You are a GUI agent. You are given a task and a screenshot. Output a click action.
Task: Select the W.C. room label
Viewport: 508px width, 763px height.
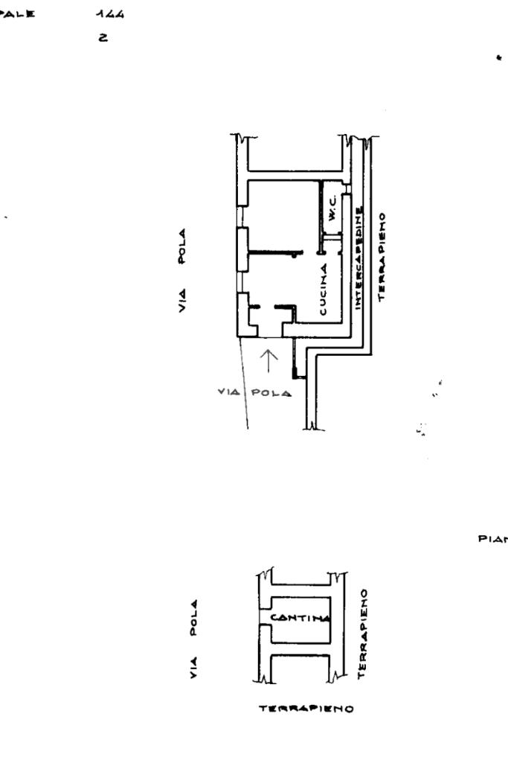(x=333, y=205)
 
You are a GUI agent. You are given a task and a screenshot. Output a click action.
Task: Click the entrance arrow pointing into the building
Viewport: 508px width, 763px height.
(x=270, y=360)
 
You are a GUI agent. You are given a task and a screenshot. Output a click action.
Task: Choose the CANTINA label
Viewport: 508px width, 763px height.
(x=300, y=617)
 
